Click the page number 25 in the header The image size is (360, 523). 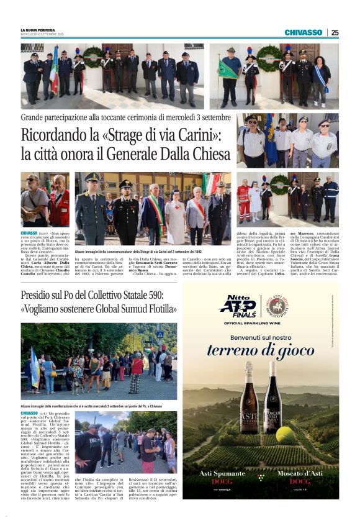point(335,32)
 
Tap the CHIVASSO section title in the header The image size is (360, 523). point(304,32)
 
